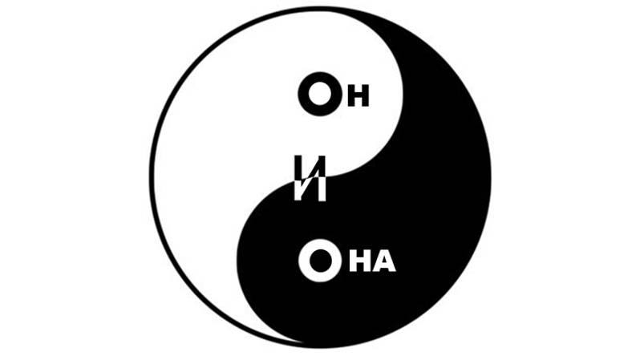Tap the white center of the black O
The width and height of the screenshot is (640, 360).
pos(319,94)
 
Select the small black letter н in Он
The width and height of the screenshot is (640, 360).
pos(358,96)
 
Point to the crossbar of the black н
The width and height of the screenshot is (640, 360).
pos(358,96)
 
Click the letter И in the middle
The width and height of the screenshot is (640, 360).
pos(310,178)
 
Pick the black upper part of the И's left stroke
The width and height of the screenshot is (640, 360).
pos(298,168)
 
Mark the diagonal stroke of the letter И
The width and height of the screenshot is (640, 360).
pos(310,178)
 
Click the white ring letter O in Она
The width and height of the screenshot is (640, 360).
pos(304,261)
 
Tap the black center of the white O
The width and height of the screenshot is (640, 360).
pos(321,261)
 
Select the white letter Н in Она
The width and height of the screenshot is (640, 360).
pos(360,261)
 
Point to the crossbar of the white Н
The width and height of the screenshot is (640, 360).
pos(360,261)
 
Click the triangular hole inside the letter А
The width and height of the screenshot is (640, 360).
pos(384,262)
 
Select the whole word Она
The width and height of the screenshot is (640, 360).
pos(347,261)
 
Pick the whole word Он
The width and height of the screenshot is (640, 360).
pos(334,94)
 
